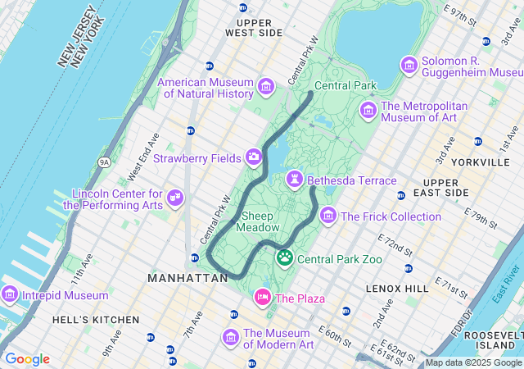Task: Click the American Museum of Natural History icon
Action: (x=265, y=86)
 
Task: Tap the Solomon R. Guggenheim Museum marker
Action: (x=409, y=65)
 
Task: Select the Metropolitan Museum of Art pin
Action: (x=368, y=110)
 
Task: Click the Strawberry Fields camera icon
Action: (x=254, y=157)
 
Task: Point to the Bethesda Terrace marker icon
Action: (x=294, y=179)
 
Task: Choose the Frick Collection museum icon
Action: (x=328, y=216)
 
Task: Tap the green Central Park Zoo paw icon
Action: (x=285, y=258)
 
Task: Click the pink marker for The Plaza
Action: (x=263, y=297)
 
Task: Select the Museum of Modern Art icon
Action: (x=231, y=338)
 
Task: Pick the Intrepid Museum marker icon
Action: (x=10, y=293)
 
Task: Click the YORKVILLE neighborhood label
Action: (x=483, y=162)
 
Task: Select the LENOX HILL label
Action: (x=397, y=289)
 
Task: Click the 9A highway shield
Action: (x=104, y=162)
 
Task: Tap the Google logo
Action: (x=27, y=359)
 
